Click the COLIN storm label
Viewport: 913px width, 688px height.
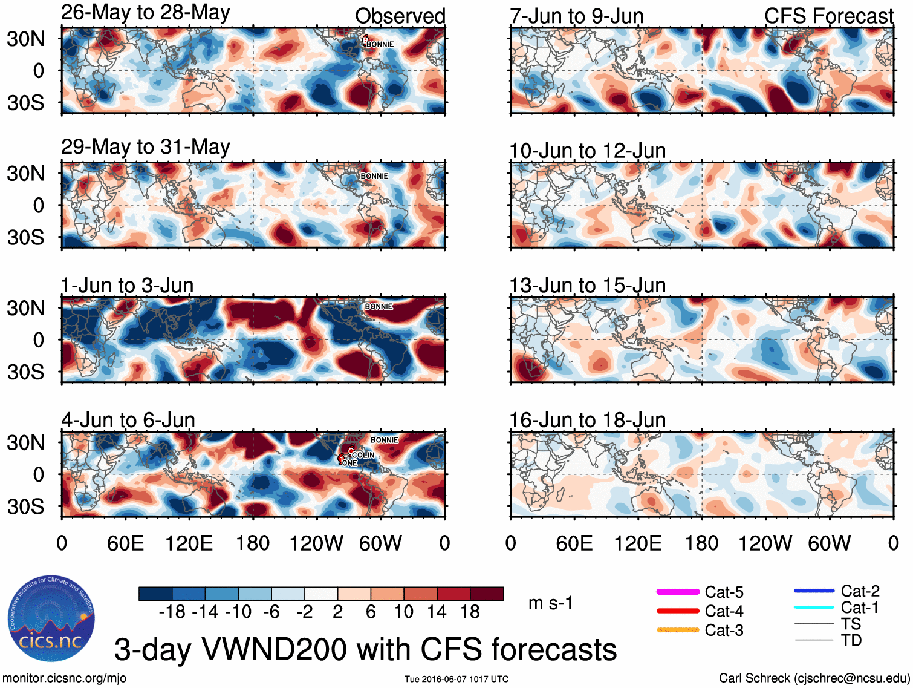363,455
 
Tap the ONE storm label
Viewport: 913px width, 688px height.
349,463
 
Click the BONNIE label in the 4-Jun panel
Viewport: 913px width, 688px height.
384,440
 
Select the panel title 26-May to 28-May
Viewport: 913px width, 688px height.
145,13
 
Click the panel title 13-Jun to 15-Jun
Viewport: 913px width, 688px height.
587,285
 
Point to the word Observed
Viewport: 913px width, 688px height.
400,16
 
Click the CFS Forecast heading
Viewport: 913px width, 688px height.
828,16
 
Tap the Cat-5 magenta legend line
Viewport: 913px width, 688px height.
677,592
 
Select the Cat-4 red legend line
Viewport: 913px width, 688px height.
677,611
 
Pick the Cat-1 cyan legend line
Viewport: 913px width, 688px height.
814,608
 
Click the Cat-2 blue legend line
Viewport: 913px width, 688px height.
814,591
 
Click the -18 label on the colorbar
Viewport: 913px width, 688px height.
172,612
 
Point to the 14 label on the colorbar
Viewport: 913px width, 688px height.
437,612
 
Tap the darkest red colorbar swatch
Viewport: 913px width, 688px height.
487,594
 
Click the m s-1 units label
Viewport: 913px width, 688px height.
550,603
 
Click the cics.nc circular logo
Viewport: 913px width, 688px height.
51,618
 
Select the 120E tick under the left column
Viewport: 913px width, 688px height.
189,543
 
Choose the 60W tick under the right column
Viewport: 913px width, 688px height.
829,543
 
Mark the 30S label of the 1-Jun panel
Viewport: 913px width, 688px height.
26,372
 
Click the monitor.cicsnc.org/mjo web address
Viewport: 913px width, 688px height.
64,678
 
